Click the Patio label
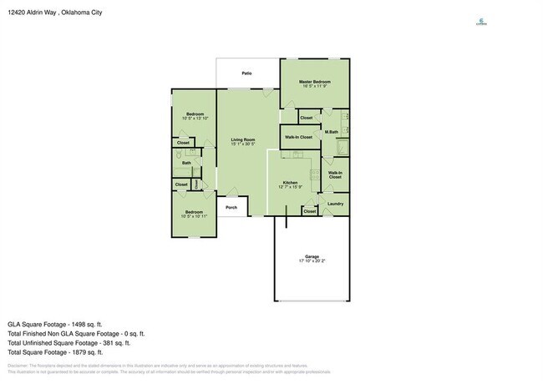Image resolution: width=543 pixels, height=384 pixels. click(247, 73)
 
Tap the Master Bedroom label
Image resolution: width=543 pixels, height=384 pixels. click(317, 82)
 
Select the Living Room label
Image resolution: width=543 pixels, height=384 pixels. click(243, 139)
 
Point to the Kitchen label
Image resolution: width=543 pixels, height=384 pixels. click(290, 182)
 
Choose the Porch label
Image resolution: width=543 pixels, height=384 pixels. click(231, 208)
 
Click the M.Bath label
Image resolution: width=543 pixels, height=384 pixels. click(331, 132)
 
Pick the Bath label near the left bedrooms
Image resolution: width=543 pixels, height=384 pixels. click(187, 163)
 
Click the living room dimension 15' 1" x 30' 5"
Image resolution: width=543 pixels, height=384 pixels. click(243, 144)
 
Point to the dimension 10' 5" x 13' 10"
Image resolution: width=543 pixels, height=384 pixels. click(194, 119)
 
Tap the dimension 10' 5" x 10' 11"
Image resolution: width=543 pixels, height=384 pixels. click(194, 216)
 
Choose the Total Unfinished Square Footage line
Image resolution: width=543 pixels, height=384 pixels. click(69, 342)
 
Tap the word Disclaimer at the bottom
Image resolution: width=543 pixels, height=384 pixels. click(16, 366)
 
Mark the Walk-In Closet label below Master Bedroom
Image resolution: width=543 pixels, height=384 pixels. click(298, 137)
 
